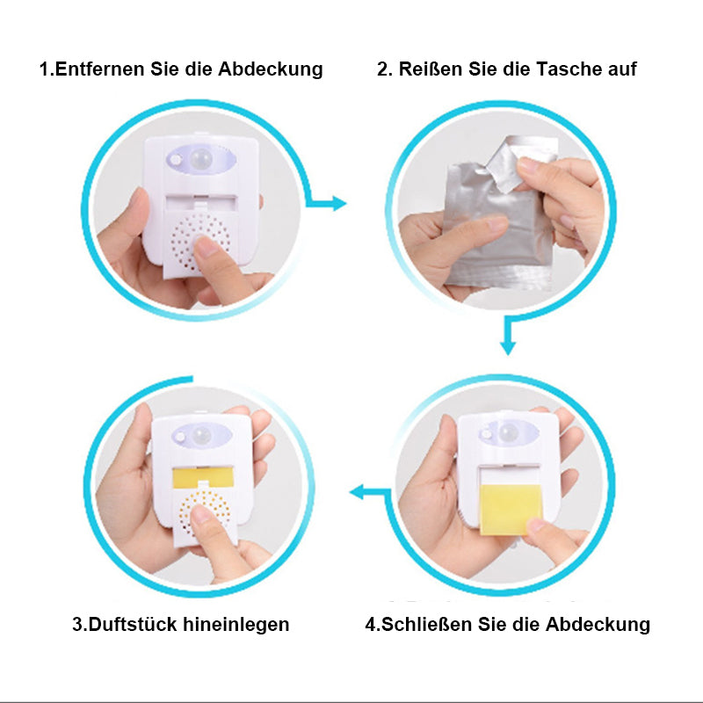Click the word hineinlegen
click(236, 625)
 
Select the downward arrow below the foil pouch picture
click(507, 343)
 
